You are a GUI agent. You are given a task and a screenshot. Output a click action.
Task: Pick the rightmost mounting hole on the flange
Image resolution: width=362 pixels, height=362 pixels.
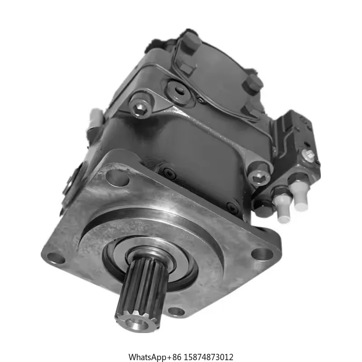tap(262, 255)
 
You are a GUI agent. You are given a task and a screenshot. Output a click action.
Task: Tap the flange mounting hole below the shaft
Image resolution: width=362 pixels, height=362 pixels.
tap(176, 312)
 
